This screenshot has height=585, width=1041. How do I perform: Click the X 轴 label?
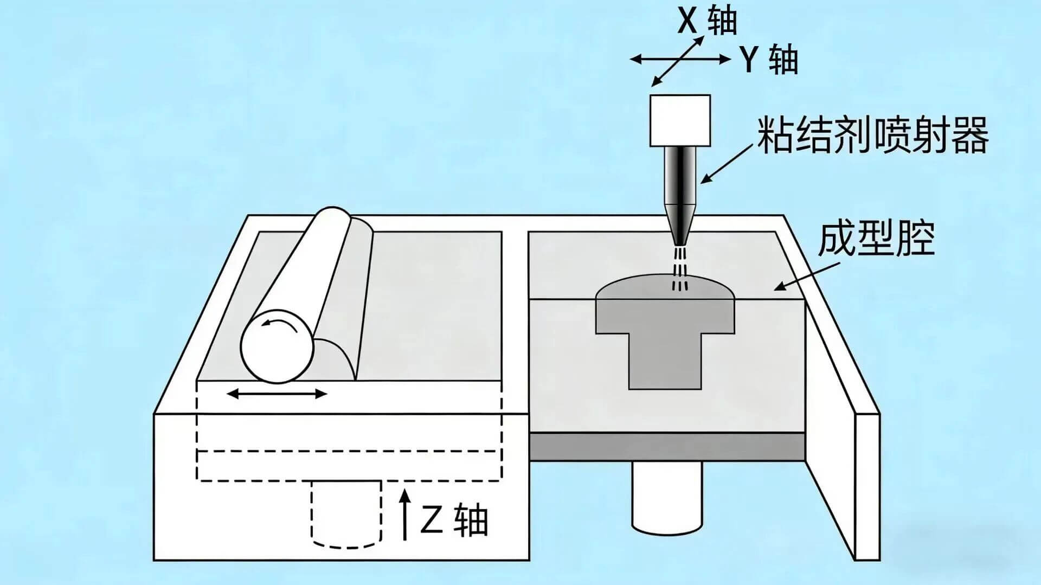pos(708,22)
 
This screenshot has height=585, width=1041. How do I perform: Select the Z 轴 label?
pos(454,520)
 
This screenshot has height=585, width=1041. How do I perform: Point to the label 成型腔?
pos(876,239)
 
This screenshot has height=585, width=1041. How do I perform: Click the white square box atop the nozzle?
pos(680,120)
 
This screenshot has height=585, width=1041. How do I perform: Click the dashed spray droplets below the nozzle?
pos(680,269)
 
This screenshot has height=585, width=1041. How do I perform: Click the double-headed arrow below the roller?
pos(277,394)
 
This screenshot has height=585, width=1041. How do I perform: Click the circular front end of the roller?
pos(277,346)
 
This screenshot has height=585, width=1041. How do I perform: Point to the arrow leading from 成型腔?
pos(807,277)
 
